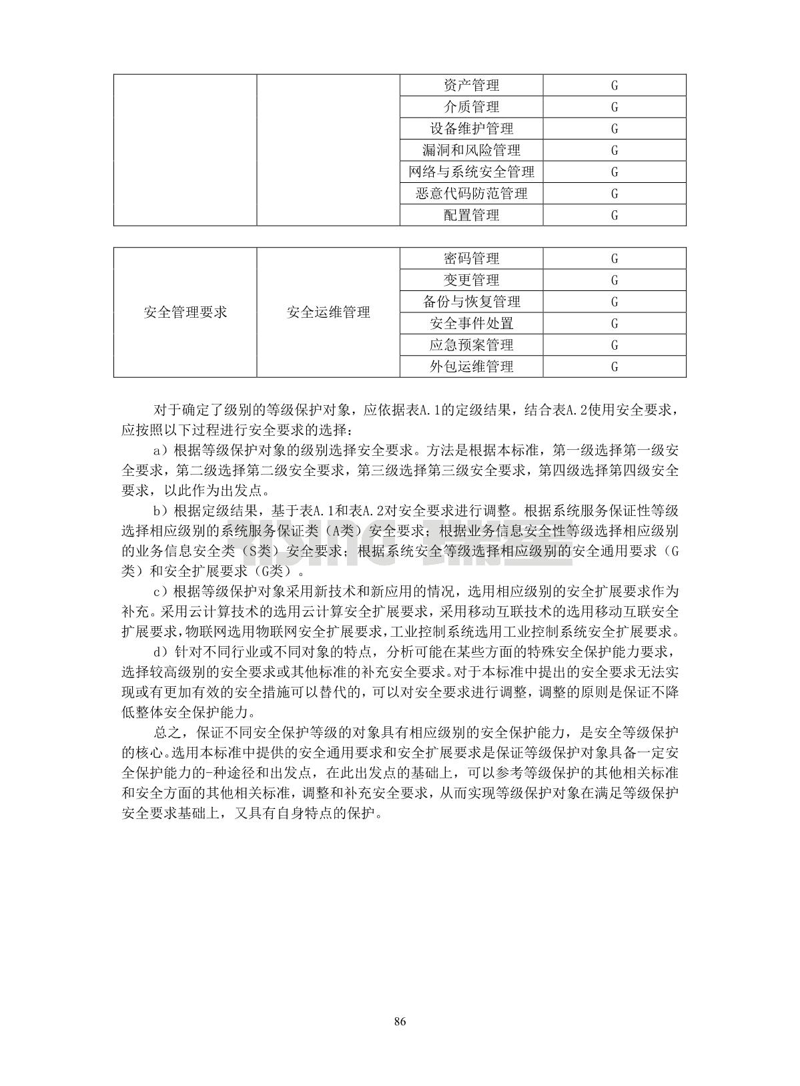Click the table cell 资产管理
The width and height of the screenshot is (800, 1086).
tap(471, 85)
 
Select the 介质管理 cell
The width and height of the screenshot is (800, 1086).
tap(471, 107)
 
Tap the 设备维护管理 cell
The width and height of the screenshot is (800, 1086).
tap(471, 129)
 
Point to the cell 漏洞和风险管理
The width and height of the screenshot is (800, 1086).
tap(471, 150)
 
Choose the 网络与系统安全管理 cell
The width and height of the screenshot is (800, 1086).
tap(471, 172)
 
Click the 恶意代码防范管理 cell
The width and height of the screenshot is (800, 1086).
tap(471, 194)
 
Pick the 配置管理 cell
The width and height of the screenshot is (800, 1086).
tap(471, 215)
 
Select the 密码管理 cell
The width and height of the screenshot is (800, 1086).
tap(471, 258)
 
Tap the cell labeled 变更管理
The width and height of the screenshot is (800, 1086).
tap(471, 280)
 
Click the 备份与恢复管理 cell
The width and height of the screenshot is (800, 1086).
tap(471, 302)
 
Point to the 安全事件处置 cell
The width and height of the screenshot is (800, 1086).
tap(471, 324)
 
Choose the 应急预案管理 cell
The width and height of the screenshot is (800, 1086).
tap(471, 345)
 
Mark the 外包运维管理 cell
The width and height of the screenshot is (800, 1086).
tap(471, 366)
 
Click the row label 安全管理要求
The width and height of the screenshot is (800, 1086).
tap(185, 312)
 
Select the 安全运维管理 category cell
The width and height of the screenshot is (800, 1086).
tap(328, 312)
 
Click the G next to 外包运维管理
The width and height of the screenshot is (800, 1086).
tap(615, 366)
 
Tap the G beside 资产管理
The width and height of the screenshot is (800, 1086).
tap(615, 85)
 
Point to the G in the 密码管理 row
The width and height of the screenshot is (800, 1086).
tap(615, 258)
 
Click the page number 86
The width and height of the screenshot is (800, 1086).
tap(400, 1022)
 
